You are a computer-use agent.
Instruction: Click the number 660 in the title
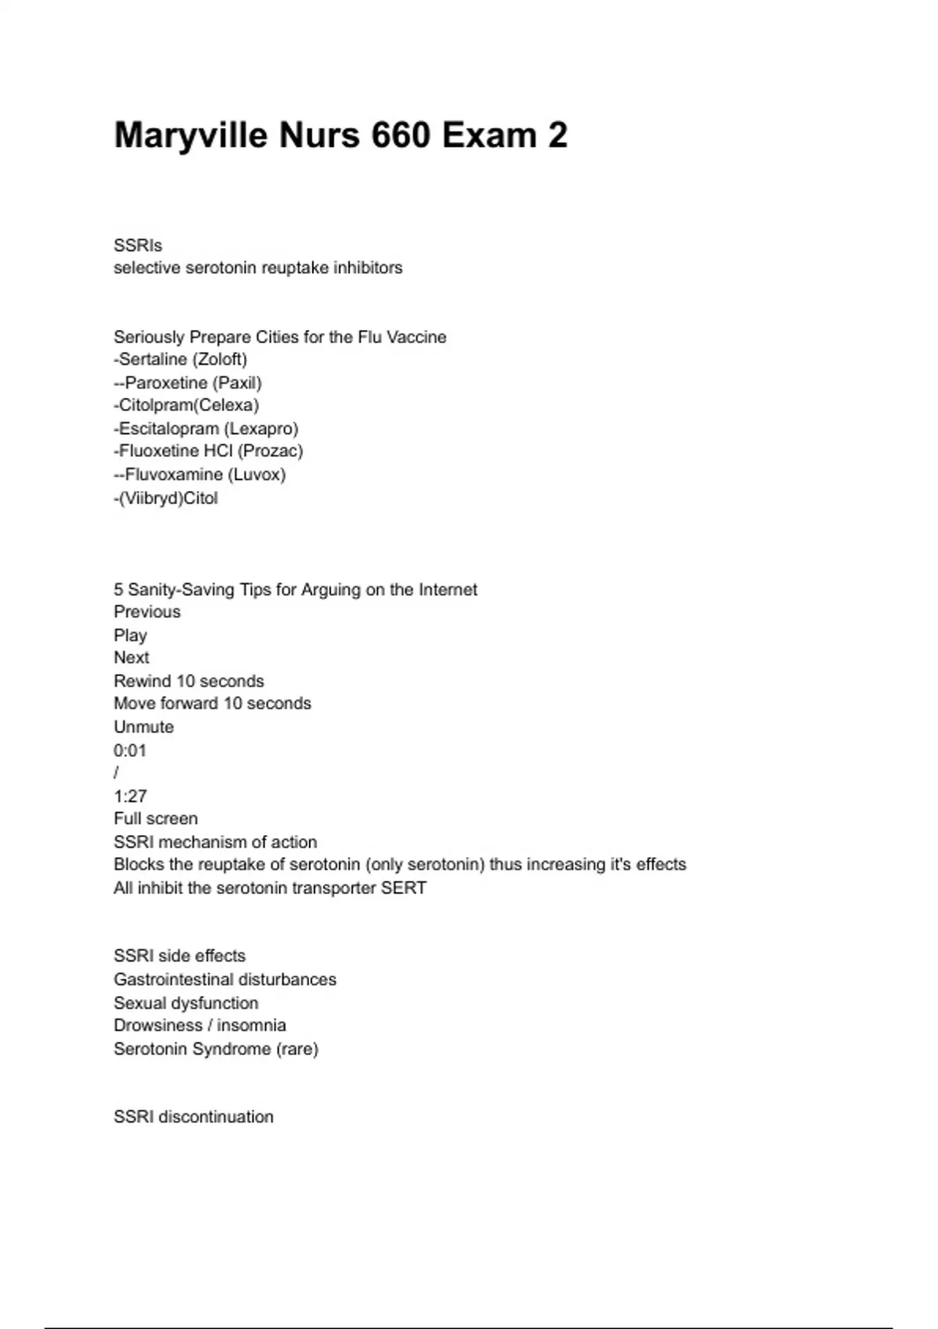tap(400, 135)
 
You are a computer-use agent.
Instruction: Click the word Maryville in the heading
tap(191, 135)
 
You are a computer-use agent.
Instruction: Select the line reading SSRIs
tap(138, 245)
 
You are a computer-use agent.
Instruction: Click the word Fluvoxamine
tap(174, 475)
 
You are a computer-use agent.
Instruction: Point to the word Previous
tap(147, 612)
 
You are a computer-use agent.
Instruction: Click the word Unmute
tap(144, 727)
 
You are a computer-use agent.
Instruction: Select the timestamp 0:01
tap(130, 750)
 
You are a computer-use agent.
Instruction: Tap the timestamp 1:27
tap(130, 797)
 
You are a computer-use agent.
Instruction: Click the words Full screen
tap(156, 819)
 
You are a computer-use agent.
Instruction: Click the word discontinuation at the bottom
tap(216, 1117)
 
